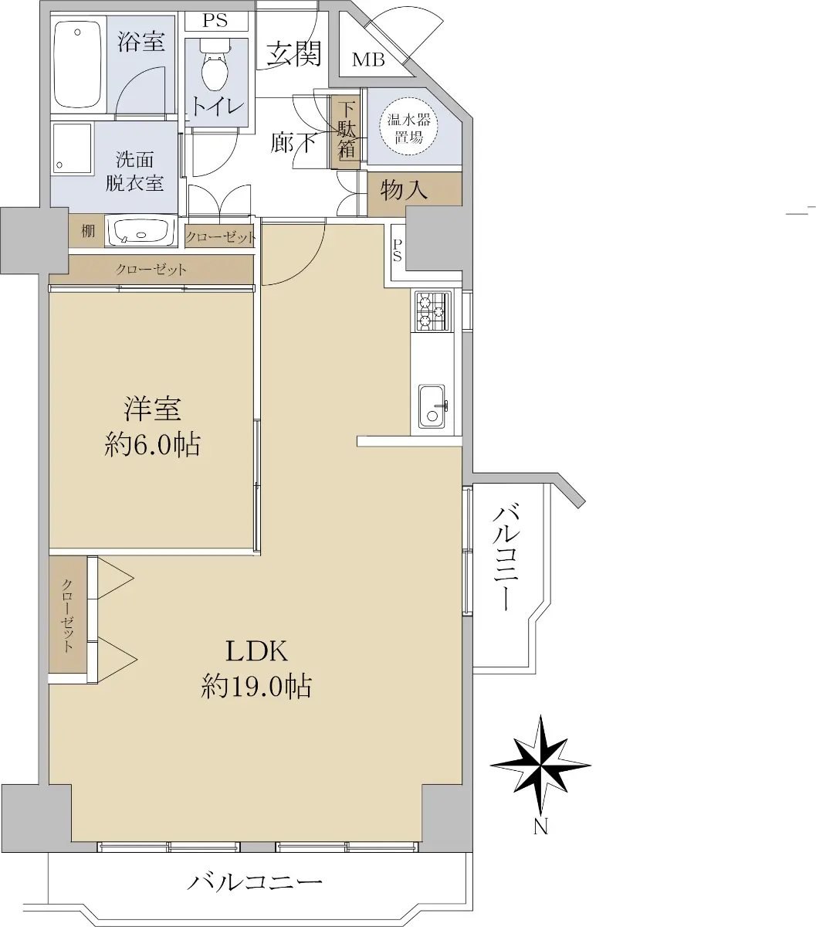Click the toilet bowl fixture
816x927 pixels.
(x=215, y=66)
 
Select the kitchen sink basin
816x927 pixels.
(x=432, y=406)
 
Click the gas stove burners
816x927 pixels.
(x=432, y=311)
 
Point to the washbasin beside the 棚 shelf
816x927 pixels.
(x=141, y=232)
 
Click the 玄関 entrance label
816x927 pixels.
(x=293, y=53)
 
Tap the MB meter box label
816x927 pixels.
(x=368, y=60)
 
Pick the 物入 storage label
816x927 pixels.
(x=404, y=189)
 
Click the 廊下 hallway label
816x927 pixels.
(x=293, y=143)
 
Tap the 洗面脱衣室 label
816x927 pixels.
(x=134, y=171)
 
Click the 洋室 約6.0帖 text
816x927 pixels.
(x=152, y=427)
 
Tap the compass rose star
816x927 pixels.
(x=540, y=765)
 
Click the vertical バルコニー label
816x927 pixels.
(x=506, y=557)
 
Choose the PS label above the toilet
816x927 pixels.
(x=215, y=21)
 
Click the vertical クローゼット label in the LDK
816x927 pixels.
(x=68, y=616)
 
